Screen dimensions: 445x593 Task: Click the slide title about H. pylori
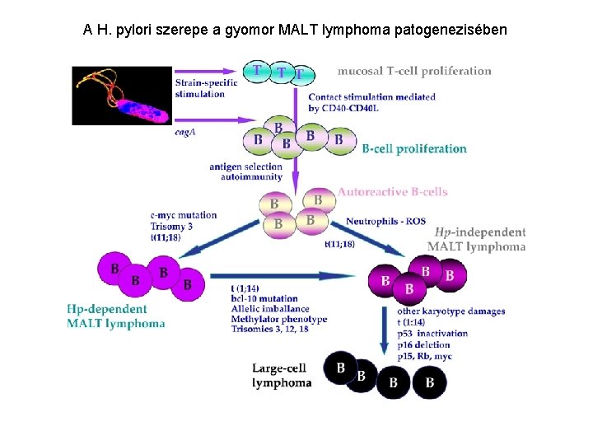click(x=296, y=30)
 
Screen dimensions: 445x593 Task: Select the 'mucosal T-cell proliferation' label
click(x=414, y=71)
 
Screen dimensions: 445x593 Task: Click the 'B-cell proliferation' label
click(x=414, y=149)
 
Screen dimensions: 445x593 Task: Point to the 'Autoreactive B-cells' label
click(x=392, y=192)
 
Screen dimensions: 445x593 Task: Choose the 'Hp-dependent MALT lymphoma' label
click(x=116, y=316)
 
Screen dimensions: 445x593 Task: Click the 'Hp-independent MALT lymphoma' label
click(x=478, y=239)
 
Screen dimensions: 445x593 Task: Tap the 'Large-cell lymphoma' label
click(x=282, y=376)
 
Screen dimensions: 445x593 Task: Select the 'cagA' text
click(x=185, y=132)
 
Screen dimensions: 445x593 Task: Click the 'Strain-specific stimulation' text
click(x=205, y=88)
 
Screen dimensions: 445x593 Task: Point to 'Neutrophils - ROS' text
click(x=385, y=222)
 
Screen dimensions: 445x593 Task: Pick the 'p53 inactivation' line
click(x=432, y=334)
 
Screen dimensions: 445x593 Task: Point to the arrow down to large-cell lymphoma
click(x=385, y=330)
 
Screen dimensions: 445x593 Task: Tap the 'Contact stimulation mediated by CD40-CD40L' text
click(x=371, y=102)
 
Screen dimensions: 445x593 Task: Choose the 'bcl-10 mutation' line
click(x=264, y=297)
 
